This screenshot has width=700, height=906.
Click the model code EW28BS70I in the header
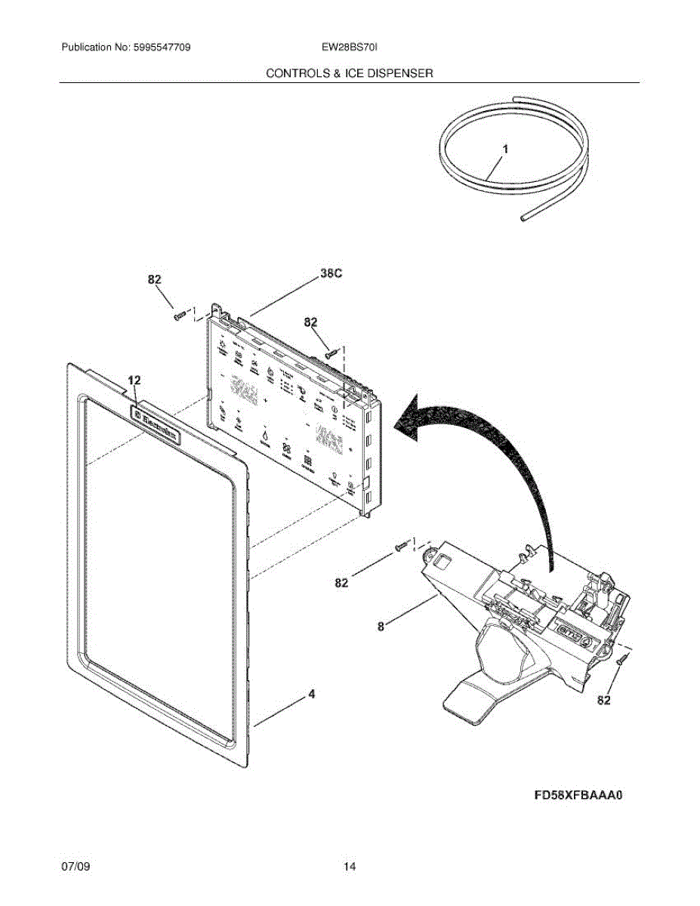(348, 48)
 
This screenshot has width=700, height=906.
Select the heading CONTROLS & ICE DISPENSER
(349, 73)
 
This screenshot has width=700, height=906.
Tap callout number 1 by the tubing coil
(505, 150)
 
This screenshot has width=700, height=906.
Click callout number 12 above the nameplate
(134, 381)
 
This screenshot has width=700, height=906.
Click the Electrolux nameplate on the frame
(156, 425)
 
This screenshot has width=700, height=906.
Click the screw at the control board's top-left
(180, 316)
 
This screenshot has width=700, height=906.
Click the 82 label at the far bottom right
(603, 701)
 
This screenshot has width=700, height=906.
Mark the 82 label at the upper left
(154, 279)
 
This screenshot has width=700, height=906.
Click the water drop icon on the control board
(266, 436)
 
